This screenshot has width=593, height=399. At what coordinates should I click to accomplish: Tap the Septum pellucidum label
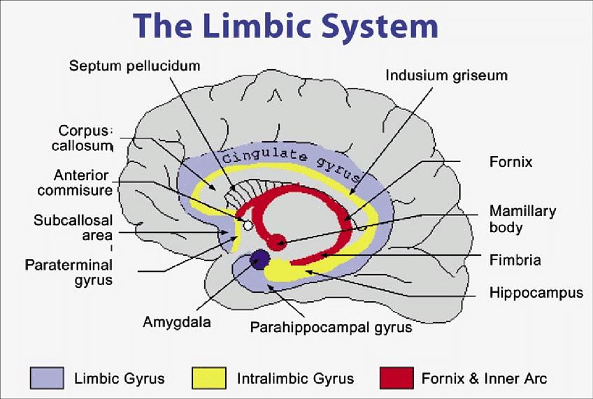pos(135,66)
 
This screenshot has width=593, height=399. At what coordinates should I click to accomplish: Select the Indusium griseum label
pos(446,74)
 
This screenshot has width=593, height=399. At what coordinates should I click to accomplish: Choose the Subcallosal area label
pos(73,228)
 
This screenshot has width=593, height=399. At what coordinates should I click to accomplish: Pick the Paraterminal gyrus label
pos(69,273)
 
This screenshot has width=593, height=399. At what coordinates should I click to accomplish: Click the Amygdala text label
pos(177,322)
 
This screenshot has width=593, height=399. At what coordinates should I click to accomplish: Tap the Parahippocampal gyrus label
pos(331,326)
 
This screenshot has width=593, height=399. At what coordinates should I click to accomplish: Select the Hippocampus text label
pos(536,293)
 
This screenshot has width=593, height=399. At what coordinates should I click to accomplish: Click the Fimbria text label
pos(515,260)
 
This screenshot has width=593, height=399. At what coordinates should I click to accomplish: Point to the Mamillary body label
pos(522,219)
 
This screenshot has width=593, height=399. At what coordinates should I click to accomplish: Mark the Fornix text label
pos(510,162)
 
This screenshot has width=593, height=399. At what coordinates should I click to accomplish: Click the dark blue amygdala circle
pos(259,260)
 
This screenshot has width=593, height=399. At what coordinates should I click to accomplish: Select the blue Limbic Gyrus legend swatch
pos(48,378)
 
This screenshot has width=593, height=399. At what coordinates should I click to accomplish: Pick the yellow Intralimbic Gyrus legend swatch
pos(209,378)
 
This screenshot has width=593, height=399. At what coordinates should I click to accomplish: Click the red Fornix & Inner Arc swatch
pos(396,378)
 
